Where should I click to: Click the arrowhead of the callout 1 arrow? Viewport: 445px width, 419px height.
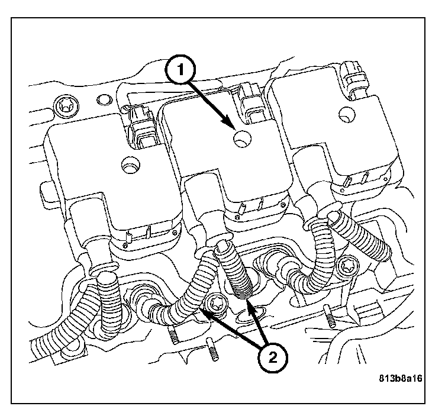click(x=233, y=127)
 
